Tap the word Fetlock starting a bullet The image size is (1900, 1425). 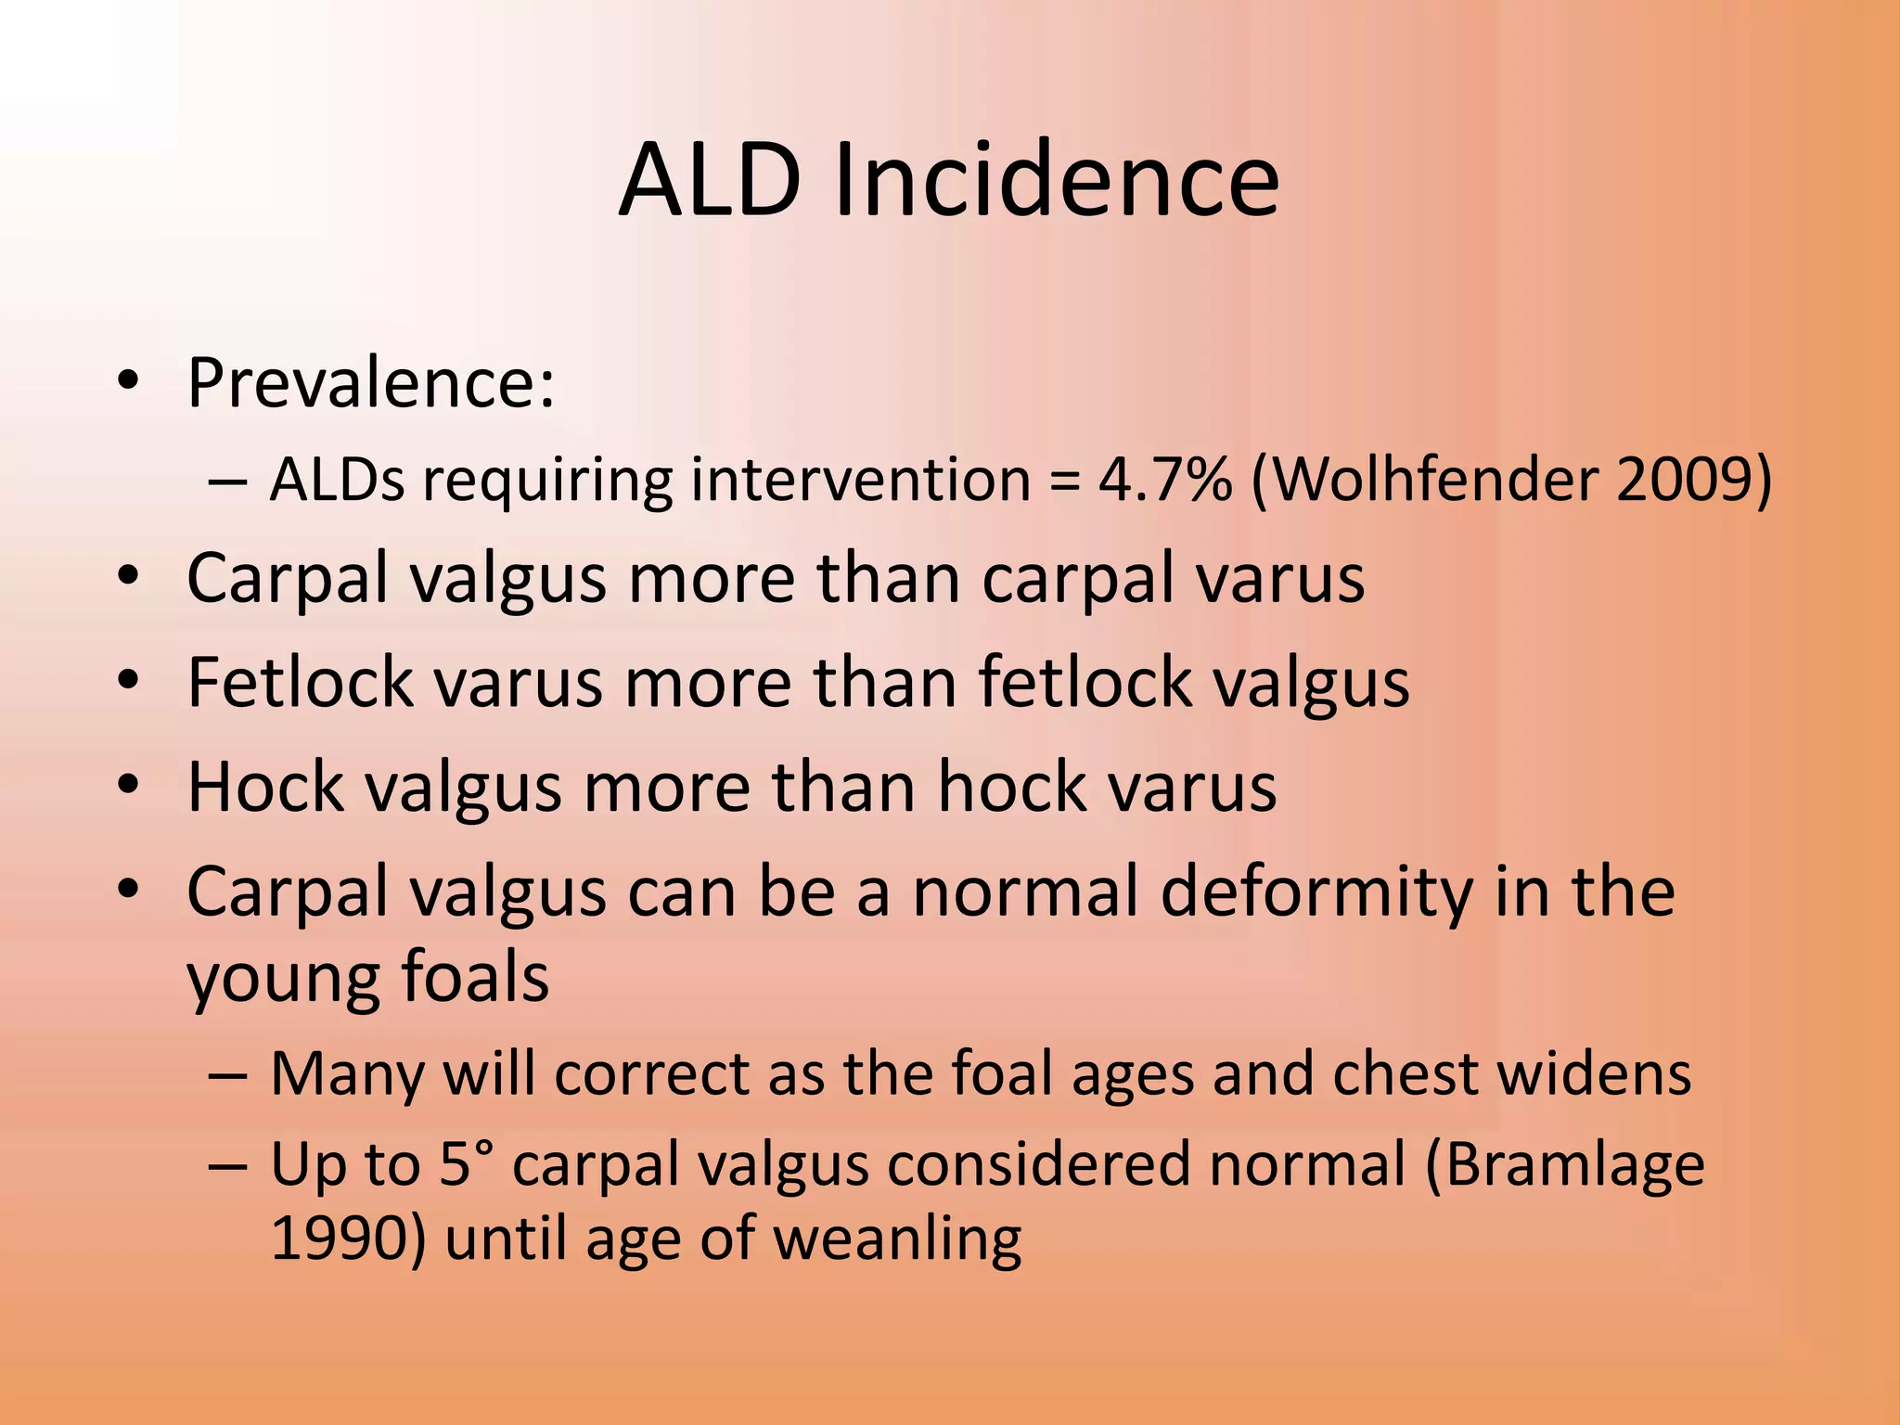(300, 682)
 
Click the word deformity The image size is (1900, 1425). (1316, 892)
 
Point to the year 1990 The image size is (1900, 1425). (340, 1239)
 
